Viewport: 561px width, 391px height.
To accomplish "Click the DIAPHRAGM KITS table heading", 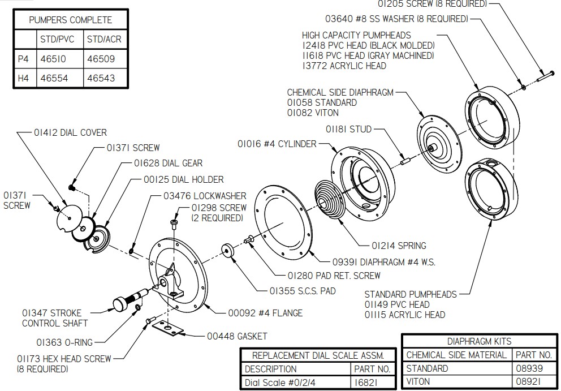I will (x=479, y=341).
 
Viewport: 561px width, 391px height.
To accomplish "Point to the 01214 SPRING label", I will (x=399, y=246).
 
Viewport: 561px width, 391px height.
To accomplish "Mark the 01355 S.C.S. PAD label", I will (x=303, y=291).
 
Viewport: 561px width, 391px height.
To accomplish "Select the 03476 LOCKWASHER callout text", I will (x=195, y=196).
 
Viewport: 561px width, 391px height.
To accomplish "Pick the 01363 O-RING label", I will (x=64, y=342).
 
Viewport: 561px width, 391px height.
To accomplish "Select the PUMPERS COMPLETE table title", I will (x=71, y=20).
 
